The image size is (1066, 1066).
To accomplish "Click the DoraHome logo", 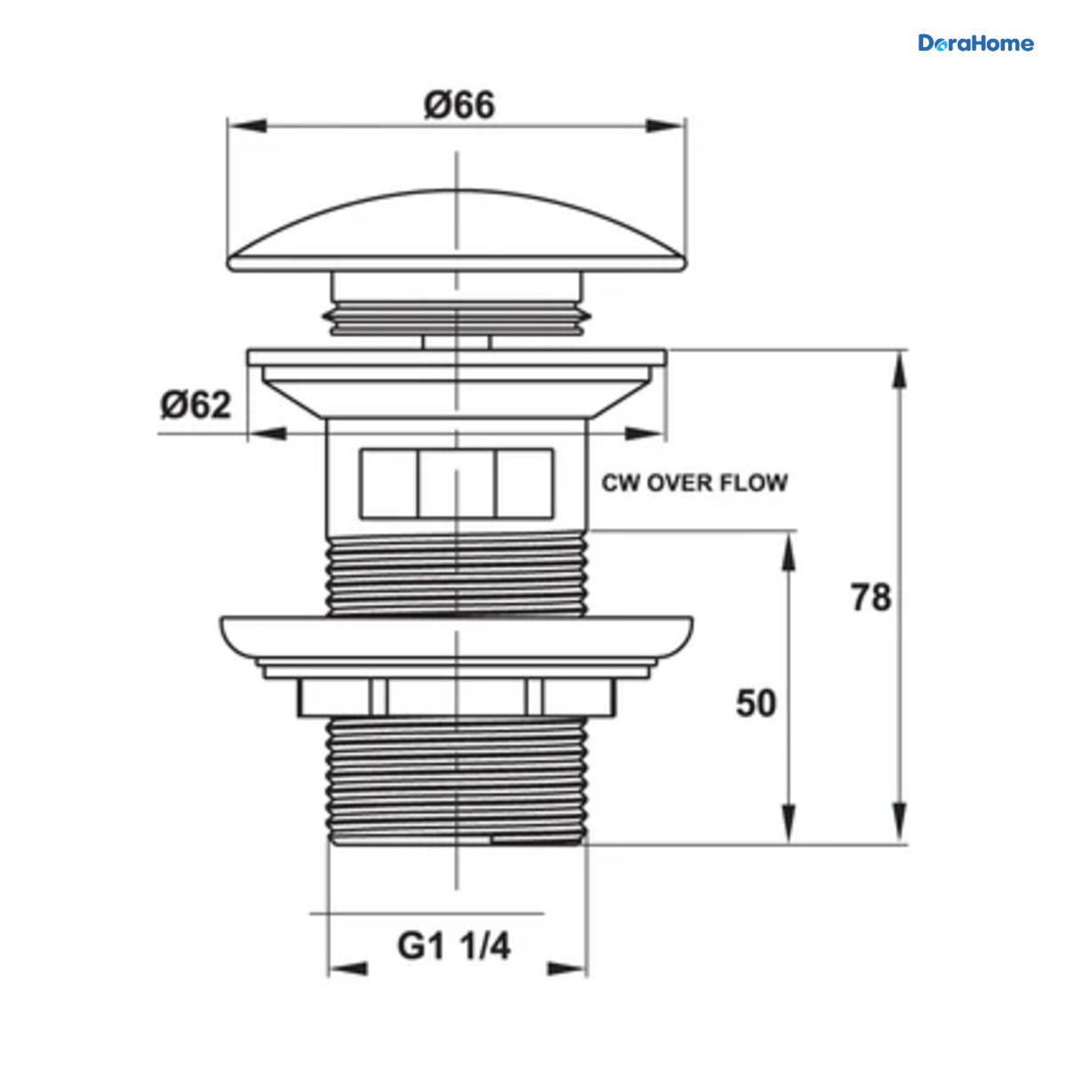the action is pyautogui.click(x=975, y=44).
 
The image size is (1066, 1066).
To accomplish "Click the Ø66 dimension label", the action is pyautogui.click(x=459, y=105).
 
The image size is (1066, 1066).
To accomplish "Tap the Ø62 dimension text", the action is pyautogui.click(x=195, y=405).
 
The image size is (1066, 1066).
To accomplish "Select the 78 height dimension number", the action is pyautogui.click(x=871, y=598).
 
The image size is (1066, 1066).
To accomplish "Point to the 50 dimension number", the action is pyautogui.click(x=756, y=703).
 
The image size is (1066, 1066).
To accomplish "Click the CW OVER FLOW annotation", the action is pyautogui.click(x=695, y=483).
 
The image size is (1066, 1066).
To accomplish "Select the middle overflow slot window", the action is pyautogui.click(x=457, y=483).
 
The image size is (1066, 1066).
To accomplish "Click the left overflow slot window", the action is pyautogui.click(x=389, y=483).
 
